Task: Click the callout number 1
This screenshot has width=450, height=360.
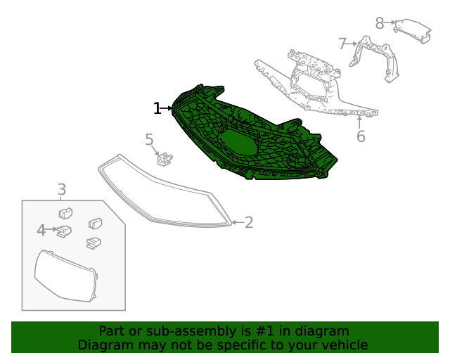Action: pyautogui.click(x=157, y=108)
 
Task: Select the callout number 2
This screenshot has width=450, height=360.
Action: pyautogui.click(x=248, y=223)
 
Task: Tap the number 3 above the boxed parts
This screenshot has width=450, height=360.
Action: pyautogui.click(x=62, y=189)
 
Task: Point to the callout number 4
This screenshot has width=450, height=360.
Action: pyautogui.click(x=41, y=230)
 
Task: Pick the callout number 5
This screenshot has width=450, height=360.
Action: pyautogui.click(x=149, y=140)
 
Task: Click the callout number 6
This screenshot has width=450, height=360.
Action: pyautogui.click(x=361, y=136)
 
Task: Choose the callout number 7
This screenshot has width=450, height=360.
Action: pyautogui.click(x=342, y=44)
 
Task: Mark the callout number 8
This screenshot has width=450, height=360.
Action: pyautogui.click(x=380, y=23)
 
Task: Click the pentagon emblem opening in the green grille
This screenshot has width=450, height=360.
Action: pyautogui.click(x=237, y=141)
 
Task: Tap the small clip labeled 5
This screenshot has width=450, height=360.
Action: pyautogui.click(x=165, y=159)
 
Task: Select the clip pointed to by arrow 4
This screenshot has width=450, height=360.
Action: pyautogui.click(x=63, y=231)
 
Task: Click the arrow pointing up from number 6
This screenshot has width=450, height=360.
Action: pyautogui.click(x=360, y=121)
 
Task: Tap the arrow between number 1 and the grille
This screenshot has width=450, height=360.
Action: pyautogui.click(x=167, y=108)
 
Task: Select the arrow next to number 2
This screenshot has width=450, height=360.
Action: pyautogui.click(x=237, y=223)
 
